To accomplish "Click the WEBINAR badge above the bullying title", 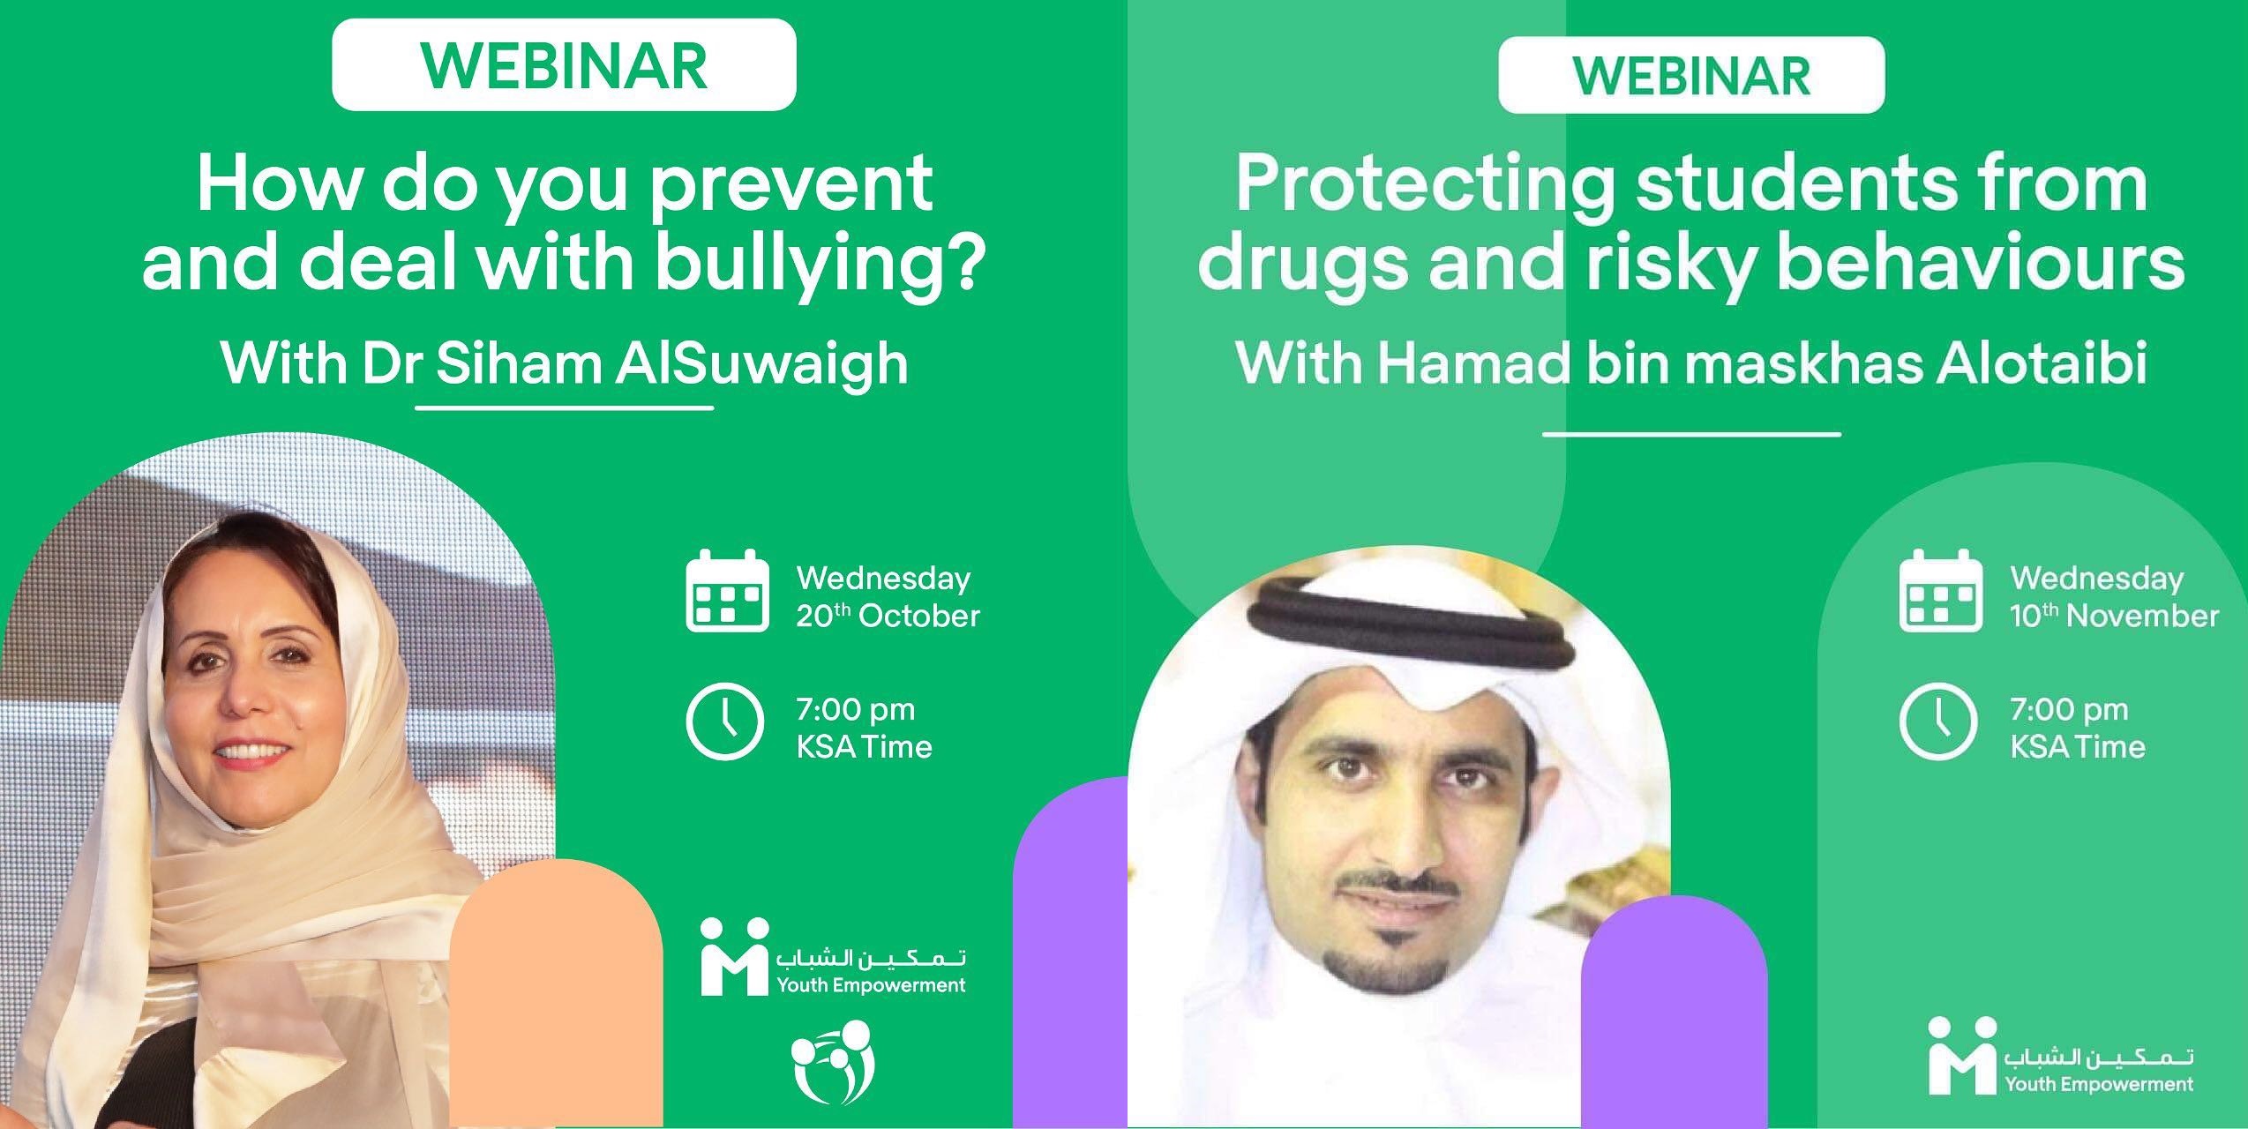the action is pyautogui.click(x=564, y=65).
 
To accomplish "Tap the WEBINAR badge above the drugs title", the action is pyautogui.click(x=1691, y=75).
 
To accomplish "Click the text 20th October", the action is pyautogui.click(x=888, y=615).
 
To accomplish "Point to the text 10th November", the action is pyautogui.click(x=2114, y=615).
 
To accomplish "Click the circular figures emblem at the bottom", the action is pyautogui.click(x=832, y=1061).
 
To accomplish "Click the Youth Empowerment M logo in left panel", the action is pyautogui.click(x=734, y=956).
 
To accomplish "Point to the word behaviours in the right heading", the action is pyautogui.click(x=1982, y=264).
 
